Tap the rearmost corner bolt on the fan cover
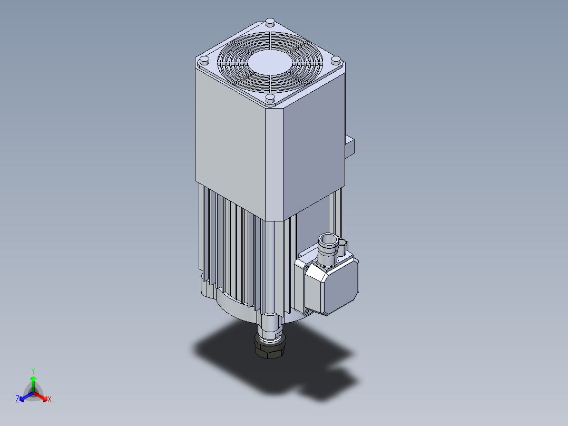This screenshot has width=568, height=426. click(270, 22)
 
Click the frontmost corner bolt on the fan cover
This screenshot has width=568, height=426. click(270, 98)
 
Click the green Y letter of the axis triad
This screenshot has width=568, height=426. click(33, 371)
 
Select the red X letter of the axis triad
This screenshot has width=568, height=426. click(49, 399)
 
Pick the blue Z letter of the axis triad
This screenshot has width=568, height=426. click(17, 399)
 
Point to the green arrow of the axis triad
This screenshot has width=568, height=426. click(33, 382)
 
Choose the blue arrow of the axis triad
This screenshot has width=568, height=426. click(24, 396)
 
